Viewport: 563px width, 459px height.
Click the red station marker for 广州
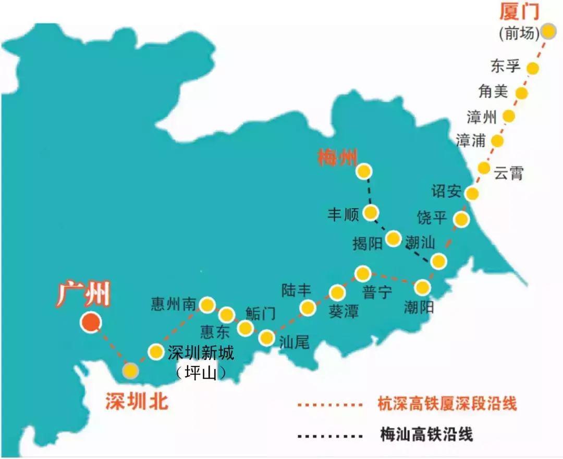click(91, 323)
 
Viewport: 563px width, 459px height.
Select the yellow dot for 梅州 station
click(364, 171)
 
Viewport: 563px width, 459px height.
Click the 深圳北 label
click(137, 402)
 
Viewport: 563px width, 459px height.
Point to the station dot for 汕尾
click(267, 338)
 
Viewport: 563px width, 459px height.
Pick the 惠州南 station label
click(174, 304)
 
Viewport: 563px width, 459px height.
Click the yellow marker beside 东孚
click(533, 68)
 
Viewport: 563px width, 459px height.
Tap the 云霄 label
click(508, 173)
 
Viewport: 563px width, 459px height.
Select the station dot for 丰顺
click(371, 212)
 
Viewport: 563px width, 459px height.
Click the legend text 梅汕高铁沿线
click(426, 434)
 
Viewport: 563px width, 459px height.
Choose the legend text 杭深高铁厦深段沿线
click(447, 403)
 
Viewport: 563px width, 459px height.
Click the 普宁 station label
click(377, 292)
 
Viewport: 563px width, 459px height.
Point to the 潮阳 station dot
click(423, 287)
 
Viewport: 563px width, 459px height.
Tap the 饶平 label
click(432, 218)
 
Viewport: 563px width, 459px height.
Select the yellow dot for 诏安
click(472, 194)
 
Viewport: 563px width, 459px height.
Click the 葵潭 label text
click(344, 311)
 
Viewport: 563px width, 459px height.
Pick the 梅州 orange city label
click(337, 158)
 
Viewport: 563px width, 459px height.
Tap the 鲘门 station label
click(260, 314)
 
